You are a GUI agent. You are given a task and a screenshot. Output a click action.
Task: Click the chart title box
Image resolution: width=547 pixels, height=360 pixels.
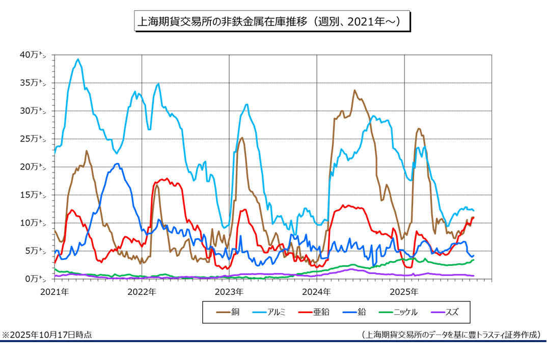click(x=272, y=22)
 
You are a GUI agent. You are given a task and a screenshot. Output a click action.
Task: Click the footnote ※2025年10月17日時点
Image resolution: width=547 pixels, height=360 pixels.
click(x=47, y=336)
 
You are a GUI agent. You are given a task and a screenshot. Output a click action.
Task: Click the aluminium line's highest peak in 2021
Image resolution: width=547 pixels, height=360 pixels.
click(x=78, y=59)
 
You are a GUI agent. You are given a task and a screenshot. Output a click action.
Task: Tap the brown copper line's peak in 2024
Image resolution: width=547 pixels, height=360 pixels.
click(x=354, y=90)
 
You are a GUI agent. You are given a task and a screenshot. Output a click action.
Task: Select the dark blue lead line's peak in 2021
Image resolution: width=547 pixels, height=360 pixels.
click(x=117, y=163)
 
